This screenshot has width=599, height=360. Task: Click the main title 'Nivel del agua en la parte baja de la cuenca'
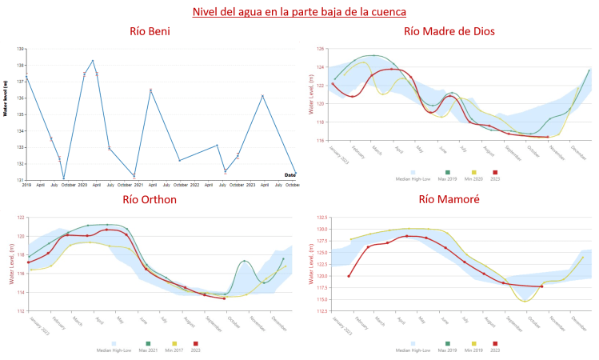[x=299, y=12]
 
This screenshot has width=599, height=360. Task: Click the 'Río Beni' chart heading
[x=149, y=32]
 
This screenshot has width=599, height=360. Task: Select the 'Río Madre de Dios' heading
[x=449, y=32]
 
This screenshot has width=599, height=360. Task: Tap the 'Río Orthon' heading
[x=150, y=199]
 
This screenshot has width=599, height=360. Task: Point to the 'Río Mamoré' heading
[x=449, y=199]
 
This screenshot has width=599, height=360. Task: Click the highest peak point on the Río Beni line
[x=93, y=61]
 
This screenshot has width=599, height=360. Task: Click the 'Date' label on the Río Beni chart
[x=290, y=174]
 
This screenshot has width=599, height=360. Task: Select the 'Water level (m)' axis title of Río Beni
[x=6, y=98]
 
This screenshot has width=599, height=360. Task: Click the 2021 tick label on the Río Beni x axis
[x=138, y=185]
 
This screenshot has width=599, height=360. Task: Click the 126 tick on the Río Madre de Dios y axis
[x=320, y=49]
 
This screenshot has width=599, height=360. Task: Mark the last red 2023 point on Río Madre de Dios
[x=547, y=137]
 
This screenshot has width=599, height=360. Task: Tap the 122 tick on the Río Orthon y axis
[x=20, y=218]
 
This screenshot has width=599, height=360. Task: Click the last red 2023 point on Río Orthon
[x=224, y=298]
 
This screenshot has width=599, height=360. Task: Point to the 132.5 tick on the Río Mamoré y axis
[x=318, y=218]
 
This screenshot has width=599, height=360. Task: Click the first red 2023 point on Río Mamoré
[x=349, y=276]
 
